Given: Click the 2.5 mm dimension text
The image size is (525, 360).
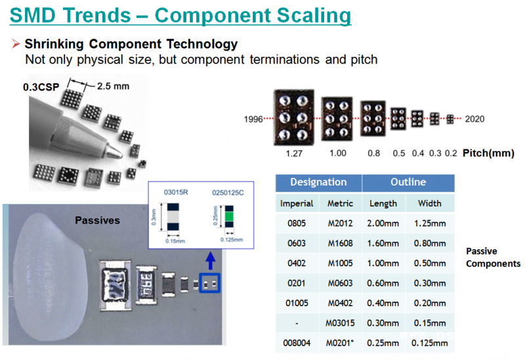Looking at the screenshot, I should pos(113,85).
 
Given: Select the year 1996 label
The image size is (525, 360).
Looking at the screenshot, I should pos(253,119).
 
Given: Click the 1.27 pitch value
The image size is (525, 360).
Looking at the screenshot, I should pos(293,153).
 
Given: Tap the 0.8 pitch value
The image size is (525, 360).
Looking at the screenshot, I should pos(373,153).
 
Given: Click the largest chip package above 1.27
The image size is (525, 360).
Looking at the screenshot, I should pos(293,118).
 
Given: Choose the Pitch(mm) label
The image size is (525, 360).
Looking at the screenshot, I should pos(488,153).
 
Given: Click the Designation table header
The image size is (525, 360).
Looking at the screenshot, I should pos(318,182).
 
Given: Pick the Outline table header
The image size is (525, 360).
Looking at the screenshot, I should pos(408,182).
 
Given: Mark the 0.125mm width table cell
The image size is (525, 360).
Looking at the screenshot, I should pos(430,343).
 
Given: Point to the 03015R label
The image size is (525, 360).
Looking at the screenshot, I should pos(177,192).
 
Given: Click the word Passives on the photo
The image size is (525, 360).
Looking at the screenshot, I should pos(97,221).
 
